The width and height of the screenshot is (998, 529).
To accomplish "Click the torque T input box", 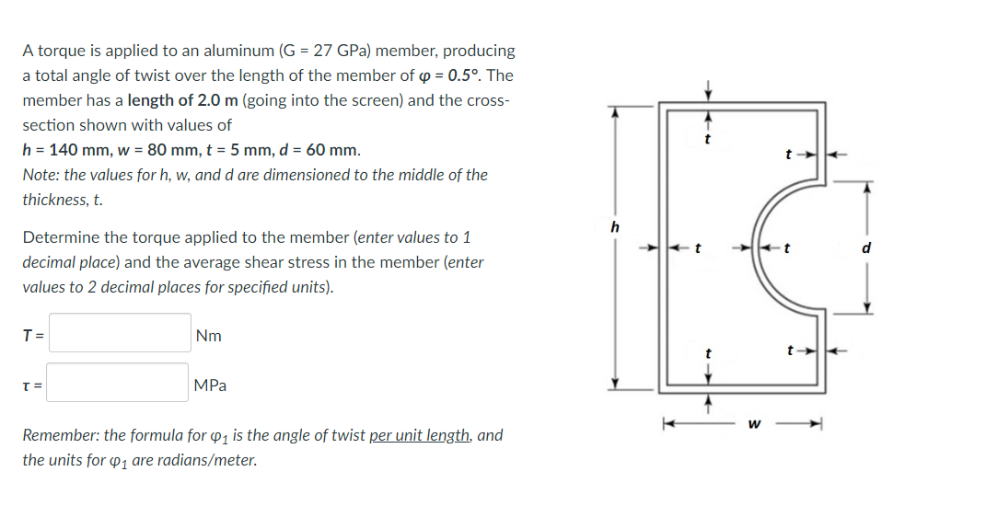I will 120,333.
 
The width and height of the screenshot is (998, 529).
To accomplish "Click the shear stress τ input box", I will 120,383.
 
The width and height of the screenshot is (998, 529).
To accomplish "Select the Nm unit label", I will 209,336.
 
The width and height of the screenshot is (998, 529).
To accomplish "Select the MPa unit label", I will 211,385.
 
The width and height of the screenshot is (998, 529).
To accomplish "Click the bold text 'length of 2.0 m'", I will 181,99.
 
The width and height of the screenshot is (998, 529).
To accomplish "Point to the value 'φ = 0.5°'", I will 458,75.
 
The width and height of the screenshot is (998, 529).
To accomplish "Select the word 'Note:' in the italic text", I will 41,174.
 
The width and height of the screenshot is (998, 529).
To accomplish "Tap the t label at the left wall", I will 698,247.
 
